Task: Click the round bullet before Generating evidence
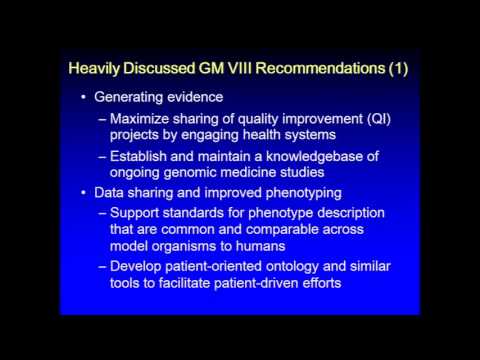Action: pos(82,99)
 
